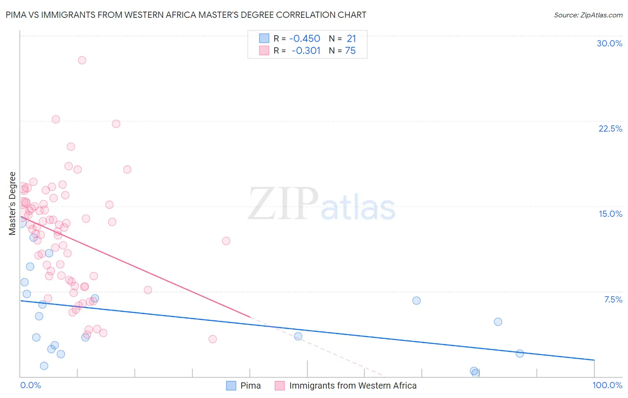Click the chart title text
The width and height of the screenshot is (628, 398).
(186, 15)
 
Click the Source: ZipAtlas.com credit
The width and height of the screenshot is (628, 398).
(588, 15)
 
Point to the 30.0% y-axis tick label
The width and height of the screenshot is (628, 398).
(609, 43)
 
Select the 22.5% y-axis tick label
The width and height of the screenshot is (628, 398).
(610, 129)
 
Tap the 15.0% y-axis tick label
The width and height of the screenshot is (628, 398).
(610, 214)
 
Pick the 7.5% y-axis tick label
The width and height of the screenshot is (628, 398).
(613, 299)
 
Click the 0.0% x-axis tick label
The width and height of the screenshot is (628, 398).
(30, 385)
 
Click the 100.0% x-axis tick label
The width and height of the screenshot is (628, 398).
(607, 385)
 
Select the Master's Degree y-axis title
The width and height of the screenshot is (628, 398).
(13, 203)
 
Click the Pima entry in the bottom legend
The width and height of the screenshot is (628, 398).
(250, 386)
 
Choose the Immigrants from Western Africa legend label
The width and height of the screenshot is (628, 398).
(352, 386)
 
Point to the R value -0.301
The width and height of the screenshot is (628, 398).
(306, 50)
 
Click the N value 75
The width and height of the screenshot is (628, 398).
(350, 50)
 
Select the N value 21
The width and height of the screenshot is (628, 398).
(351, 38)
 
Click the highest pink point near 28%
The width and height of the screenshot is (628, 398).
(82, 60)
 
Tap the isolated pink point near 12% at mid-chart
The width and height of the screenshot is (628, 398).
(226, 241)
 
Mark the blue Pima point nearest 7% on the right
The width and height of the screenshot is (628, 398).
(416, 301)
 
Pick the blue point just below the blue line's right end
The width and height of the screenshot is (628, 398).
(519, 353)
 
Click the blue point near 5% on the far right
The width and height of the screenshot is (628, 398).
(498, 322)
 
